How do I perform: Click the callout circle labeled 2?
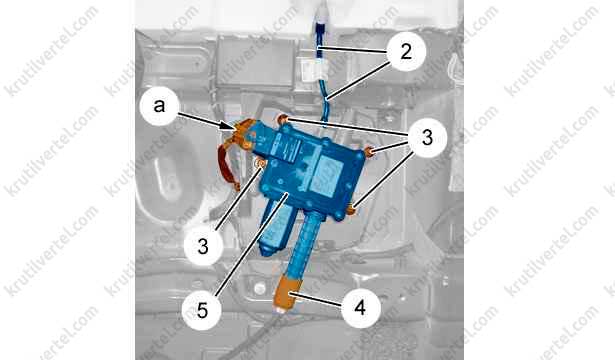[406, 51]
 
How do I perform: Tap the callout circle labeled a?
[159, 105]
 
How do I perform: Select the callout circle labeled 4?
[360, 308]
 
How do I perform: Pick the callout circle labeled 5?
[202, 310]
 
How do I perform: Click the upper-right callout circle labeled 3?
[427, 138]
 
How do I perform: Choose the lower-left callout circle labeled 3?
[203, 246]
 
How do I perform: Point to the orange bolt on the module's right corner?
[369, 151]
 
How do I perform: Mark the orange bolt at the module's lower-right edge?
[351, 210]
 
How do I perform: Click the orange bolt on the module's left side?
[259, 163]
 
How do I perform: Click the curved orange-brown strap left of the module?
[228, 166]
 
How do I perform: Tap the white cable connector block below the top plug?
[316, 70]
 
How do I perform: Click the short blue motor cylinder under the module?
[275, 226]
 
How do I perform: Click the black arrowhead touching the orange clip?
[229, 125]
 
